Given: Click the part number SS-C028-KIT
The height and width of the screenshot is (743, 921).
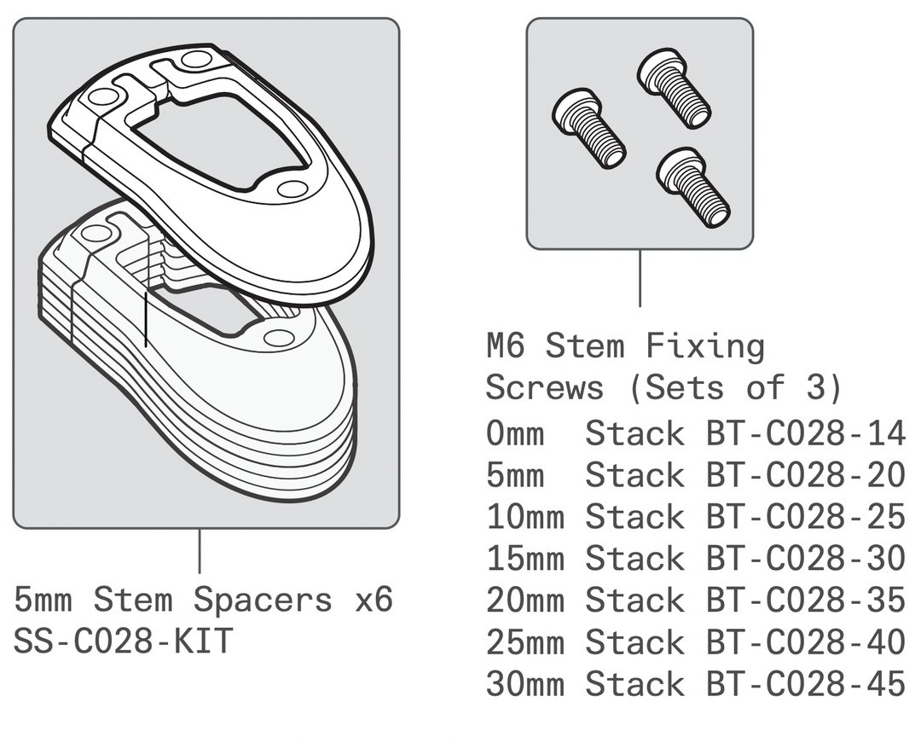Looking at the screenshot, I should coord(123,641).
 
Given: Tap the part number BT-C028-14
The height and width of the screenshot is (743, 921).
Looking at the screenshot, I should coord(805,433).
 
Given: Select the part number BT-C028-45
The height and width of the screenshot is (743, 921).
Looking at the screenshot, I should coord(805,683).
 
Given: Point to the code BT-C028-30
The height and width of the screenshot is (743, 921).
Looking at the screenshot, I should coord(805,559).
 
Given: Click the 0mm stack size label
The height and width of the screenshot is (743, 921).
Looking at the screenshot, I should coord(515,433).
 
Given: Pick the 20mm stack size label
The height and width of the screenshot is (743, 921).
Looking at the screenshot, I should coord(525,600).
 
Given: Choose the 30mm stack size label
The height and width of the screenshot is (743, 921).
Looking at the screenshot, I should coord(525,683).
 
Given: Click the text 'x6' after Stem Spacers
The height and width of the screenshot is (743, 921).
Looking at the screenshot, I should coord(373,600).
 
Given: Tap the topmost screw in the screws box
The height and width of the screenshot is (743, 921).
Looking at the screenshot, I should coord(674,85).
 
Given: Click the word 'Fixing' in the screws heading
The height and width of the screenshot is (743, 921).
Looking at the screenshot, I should coord(704,347).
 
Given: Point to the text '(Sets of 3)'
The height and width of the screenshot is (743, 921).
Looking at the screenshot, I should coord(735,388).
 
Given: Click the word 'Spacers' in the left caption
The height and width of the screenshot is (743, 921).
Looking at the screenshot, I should coord(263,600).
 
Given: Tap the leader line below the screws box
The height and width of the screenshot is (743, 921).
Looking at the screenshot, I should coord(640,278).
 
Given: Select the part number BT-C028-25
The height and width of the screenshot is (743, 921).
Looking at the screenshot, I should coord(805,517).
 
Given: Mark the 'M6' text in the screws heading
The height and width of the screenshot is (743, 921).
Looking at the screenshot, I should coord(507,347).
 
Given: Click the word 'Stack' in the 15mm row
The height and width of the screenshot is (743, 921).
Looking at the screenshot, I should coord(634,559).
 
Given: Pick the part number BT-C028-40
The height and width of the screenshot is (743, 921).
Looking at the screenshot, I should coord(805,641).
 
